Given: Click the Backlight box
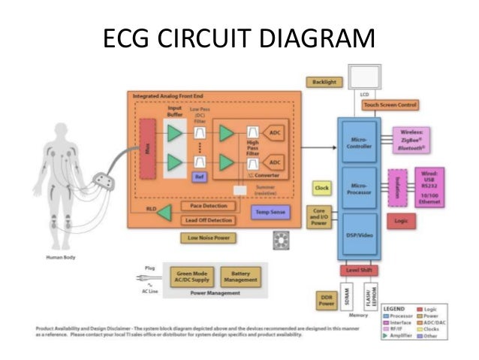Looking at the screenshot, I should pos(321,81).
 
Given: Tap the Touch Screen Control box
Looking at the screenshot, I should pos(390,105).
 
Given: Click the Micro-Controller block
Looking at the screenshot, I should pos(358,142).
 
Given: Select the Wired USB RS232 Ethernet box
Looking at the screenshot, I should pos(427,186).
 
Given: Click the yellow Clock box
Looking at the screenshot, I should pos(322,187).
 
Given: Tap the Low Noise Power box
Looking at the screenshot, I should pos(209,238).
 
